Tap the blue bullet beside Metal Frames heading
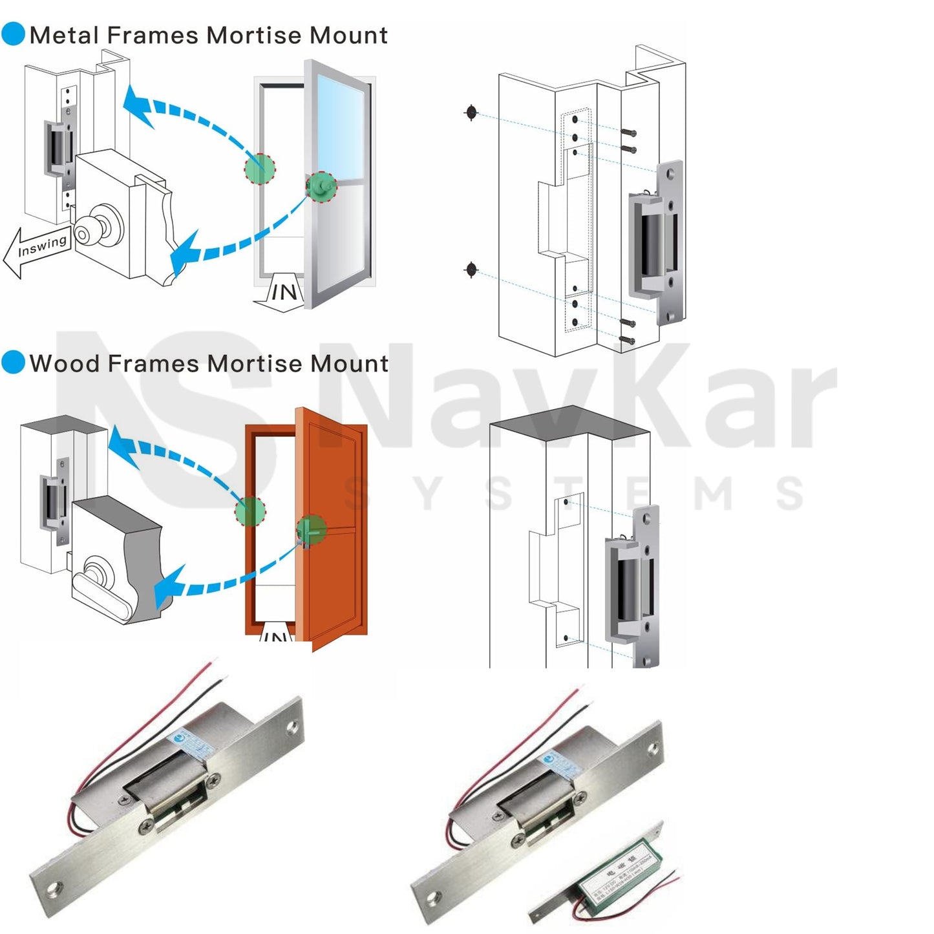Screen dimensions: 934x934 (13, 34)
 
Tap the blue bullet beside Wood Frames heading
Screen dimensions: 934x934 (13, 363)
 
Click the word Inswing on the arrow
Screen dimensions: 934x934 (42, 246)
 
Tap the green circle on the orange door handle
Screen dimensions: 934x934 (312, 529)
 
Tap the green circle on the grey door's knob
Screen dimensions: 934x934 (321, 187)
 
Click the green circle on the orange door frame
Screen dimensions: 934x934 (250, 511)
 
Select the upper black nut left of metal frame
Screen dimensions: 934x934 (471, 112)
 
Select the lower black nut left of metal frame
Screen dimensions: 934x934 (471, 269)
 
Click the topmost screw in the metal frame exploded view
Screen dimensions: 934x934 (629, 133)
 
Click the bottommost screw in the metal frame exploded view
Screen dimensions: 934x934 (628, 339)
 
